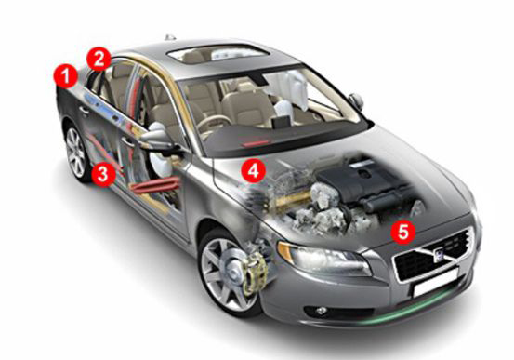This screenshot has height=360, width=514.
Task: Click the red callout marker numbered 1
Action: (66, 76)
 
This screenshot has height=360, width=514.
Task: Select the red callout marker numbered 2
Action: (99, 60)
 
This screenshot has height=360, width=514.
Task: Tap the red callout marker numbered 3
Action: (103, 174)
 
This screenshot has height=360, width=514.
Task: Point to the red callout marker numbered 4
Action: (253, 170)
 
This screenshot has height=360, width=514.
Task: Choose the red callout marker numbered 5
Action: (403, 232)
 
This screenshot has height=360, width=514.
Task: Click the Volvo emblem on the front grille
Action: (439, 254)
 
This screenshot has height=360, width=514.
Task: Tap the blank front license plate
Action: (435, 283)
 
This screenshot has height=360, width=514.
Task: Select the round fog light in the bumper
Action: (321, 311)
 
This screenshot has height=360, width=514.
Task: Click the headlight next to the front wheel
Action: (323, 258)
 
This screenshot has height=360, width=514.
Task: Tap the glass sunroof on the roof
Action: (217, 54)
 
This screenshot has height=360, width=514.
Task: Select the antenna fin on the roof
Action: (170, 37)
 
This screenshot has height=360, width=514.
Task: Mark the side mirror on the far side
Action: (356, 100)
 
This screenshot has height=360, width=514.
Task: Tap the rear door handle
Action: (84, 111)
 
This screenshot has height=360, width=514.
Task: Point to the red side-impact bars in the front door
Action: (155, 185)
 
